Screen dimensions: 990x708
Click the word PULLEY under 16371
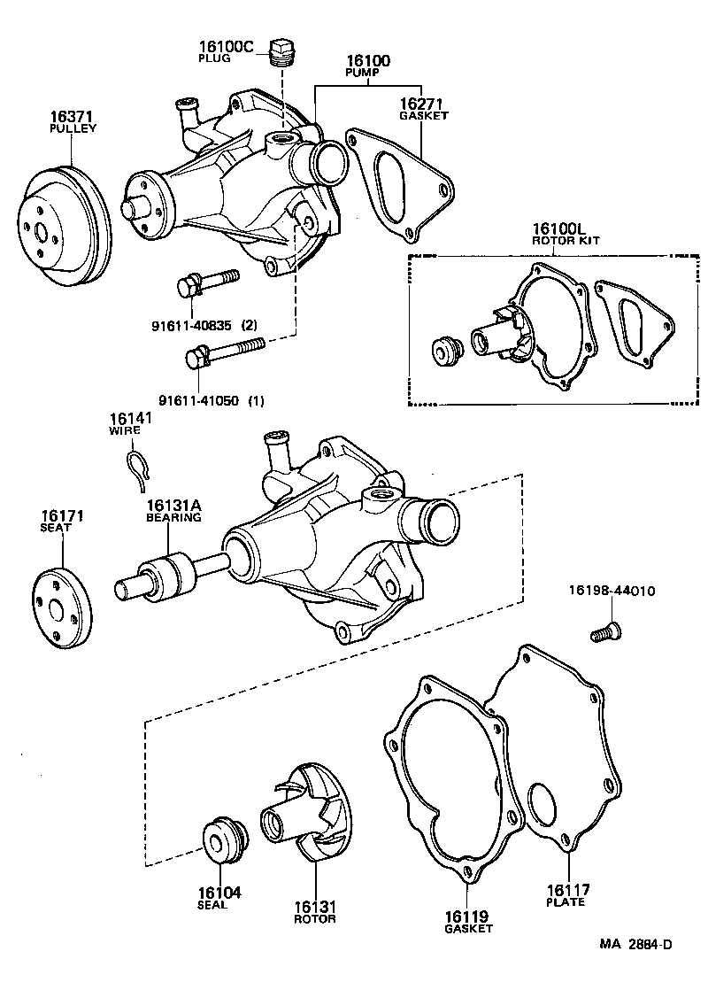[x=73, y=128]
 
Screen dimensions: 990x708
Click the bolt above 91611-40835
[x=207, y=282]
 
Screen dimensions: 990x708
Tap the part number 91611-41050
[x=201, y=400]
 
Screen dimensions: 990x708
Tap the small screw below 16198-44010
[x=605, y=631]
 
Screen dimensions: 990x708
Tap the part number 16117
[x=567, y=890]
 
